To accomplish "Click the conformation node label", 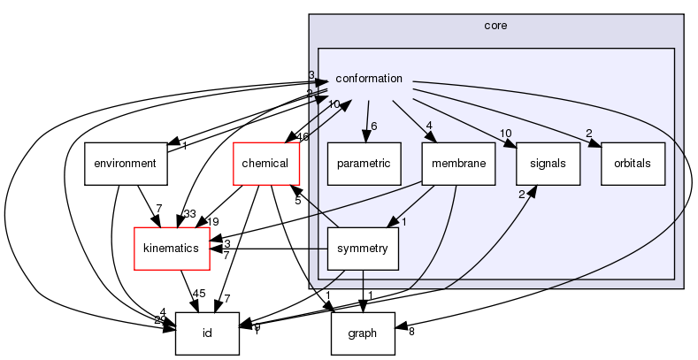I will [x=370, y=79].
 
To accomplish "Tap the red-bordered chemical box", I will [x=265, y=164].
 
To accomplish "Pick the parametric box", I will [x=364, y=164].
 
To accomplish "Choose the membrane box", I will [x=456, y=164].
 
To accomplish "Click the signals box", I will [x=548, y=164].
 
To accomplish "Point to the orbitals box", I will [x=633, y=164].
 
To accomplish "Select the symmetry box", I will [x=363, y=249].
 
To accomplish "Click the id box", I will [x=208, y=333].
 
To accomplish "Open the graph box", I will [x=363, y=333].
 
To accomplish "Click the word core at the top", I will [x=496, y=27].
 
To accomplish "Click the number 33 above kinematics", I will [x=189, y=213].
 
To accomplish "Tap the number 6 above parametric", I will [x=374, y=126].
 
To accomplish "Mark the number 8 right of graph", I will [x=412, y=332].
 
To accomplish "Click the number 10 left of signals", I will [x=506, y=134].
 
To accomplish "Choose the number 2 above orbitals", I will [x=588, y=134].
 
